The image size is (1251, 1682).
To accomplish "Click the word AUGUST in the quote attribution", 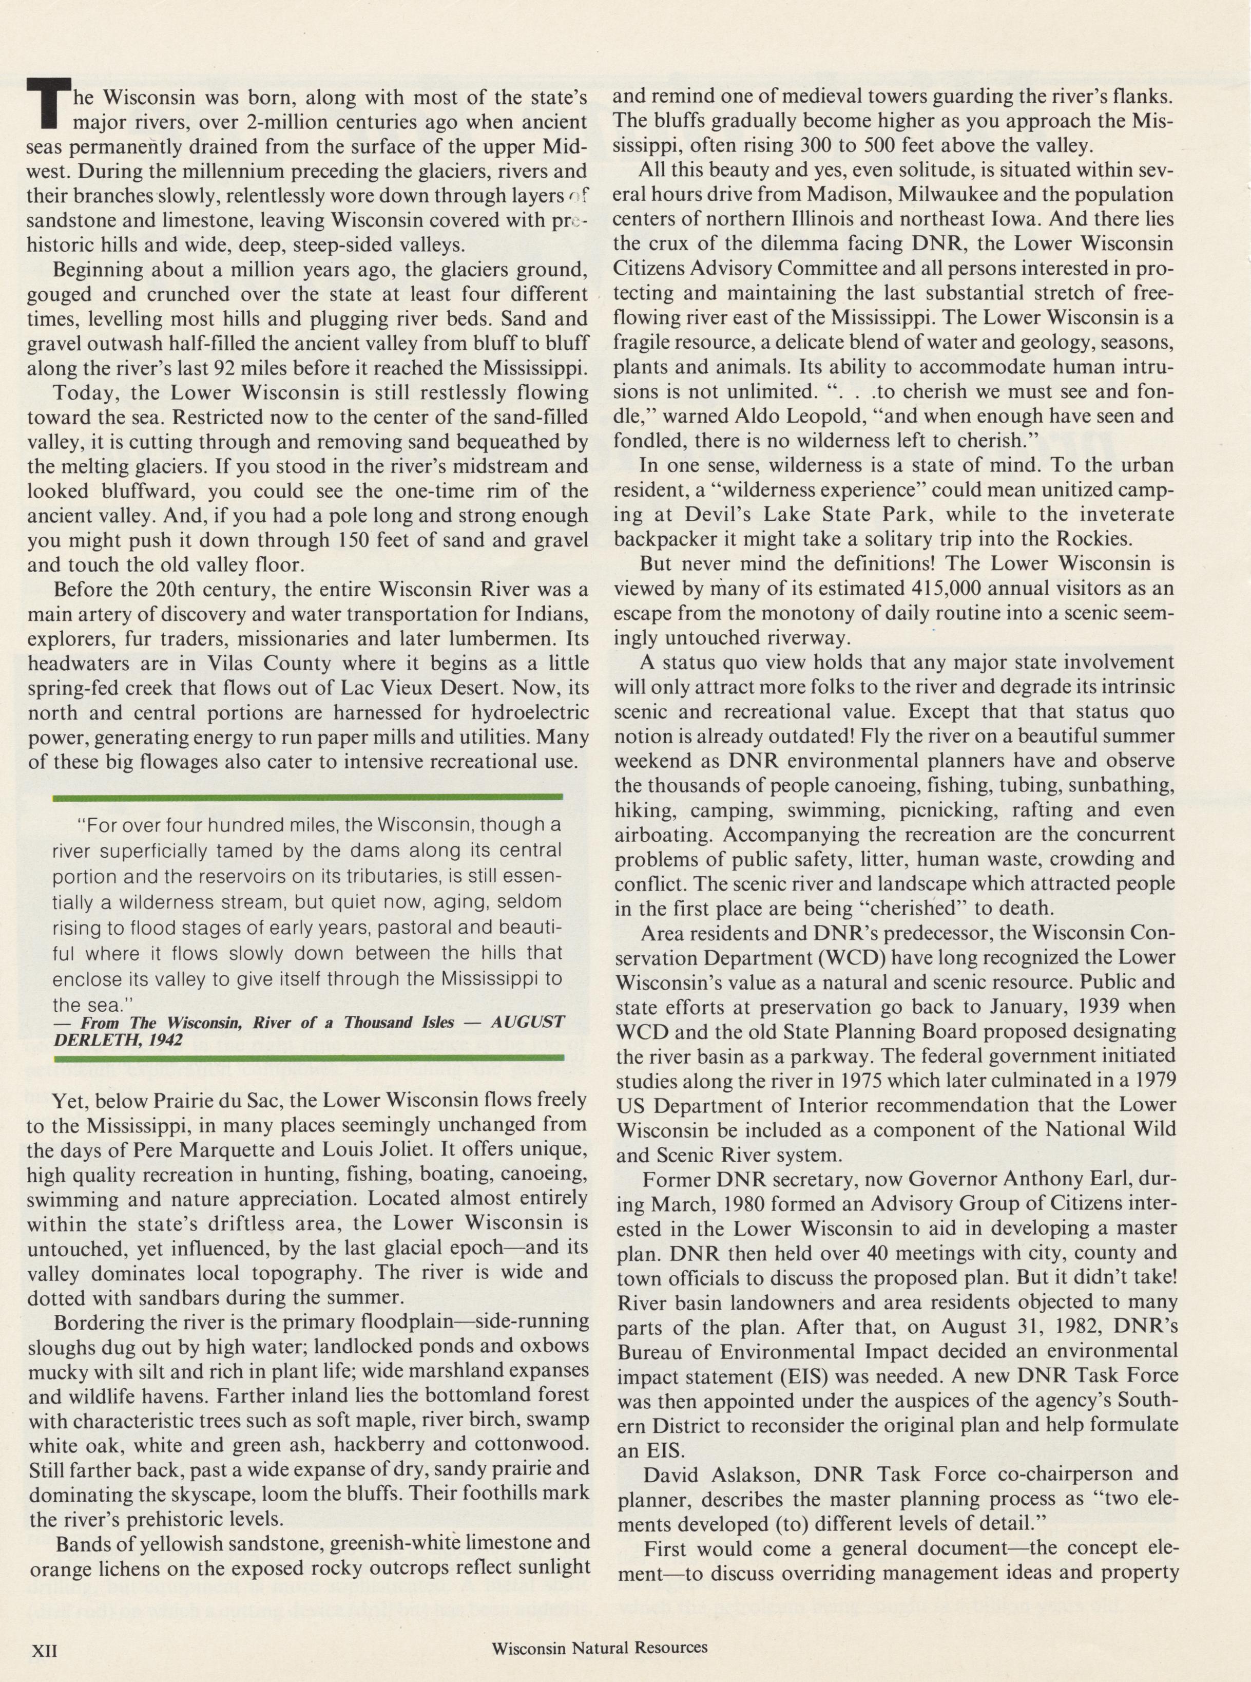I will tap(528, 1022).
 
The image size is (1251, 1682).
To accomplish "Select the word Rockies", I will tap(1096, 539).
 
